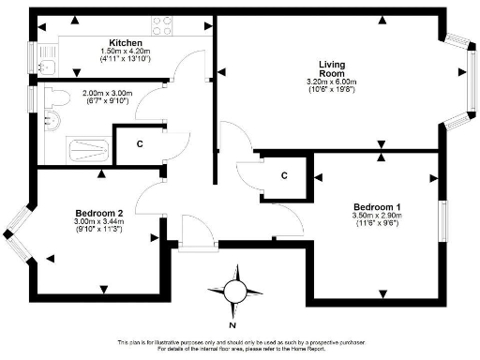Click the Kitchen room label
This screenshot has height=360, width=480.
[x=125, y=43]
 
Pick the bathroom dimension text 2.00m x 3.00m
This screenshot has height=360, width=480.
[x=108, y=94]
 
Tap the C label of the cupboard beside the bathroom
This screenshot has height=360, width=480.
[x=140, y=143]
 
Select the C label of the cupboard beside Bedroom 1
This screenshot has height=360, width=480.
[x=284, y=175]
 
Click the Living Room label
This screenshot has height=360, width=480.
[x=333, y=69]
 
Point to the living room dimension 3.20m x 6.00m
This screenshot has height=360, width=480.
[x=333, y=83]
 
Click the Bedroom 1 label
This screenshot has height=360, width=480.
[x=377, y=206]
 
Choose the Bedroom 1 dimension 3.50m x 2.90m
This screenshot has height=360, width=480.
[x=377, y=216]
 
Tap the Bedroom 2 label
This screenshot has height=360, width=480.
[x=99, y=213]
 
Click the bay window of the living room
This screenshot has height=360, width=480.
[x=462, y=81]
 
